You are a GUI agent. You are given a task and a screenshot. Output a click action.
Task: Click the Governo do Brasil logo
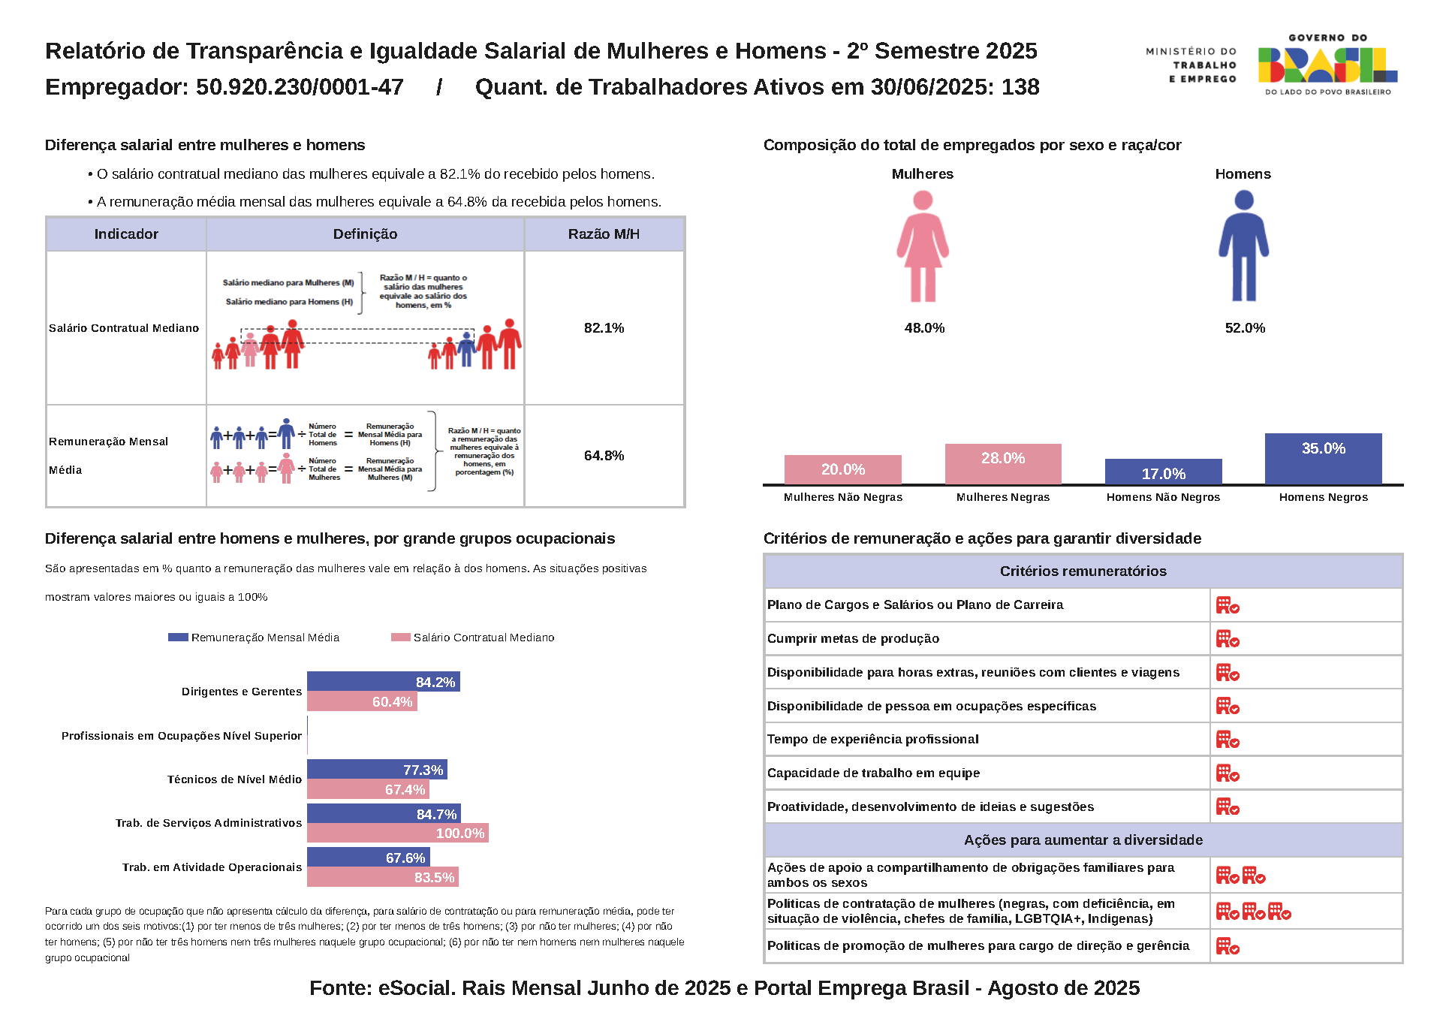tap(1327, 65)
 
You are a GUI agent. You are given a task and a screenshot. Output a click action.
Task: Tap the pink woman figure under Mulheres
tap(923, 246)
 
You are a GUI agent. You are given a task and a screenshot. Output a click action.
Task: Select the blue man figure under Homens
tap(1243, 246)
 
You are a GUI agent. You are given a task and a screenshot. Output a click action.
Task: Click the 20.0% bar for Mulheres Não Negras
tap(842, 469)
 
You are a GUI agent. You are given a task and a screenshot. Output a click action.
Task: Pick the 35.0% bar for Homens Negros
tap(1323, 458)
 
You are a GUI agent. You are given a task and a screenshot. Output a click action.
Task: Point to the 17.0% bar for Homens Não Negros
tap(1163, 472)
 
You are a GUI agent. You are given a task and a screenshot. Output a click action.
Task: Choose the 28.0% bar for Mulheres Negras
tap(1003, 463)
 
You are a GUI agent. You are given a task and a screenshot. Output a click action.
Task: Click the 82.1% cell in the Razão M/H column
tap(604, 328)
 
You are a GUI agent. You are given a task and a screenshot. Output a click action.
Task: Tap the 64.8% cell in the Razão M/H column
tap(604, 456)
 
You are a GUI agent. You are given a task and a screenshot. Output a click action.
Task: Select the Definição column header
tap(365, 234)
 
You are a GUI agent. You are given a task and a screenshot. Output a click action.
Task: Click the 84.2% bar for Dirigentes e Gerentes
tap(383, 681)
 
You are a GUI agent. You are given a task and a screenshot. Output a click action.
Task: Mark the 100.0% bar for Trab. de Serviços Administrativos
tap(397, 833)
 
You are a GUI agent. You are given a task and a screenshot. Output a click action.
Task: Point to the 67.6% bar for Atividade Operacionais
tap(368, 857)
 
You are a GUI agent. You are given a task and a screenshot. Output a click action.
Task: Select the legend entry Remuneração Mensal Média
tap(255, 638)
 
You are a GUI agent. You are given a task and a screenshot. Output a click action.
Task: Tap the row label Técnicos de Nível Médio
tap(234, 779)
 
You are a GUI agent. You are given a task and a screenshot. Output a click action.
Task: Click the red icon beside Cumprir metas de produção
tap(1228, 639)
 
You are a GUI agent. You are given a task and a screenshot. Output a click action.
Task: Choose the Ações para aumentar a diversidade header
tap(1083, 840)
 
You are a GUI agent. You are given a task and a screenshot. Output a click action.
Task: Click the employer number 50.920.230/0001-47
tap(300, 87)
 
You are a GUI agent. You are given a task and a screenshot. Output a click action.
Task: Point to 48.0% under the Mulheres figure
tap(924, 328)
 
